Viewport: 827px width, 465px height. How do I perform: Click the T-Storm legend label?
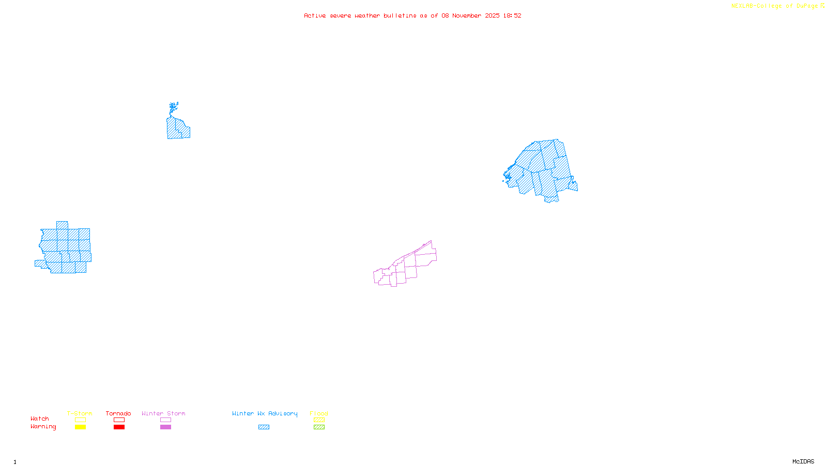click(x=80, y=413)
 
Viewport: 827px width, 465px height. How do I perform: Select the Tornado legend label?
click(x=118, y=413)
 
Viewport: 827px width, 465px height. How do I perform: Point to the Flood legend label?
click(x=319, y=413)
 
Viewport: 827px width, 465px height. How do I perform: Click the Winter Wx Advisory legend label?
click(x=265, y=413)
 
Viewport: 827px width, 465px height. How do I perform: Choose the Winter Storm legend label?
click(x=163, y=413)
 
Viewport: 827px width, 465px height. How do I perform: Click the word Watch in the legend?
click(x=40, y=419)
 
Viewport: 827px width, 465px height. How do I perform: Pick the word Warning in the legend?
click(x=43, y=427)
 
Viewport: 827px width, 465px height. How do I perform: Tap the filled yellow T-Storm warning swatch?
click(x=80, y=427)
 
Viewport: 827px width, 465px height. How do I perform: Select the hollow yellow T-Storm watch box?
click(x=80, y=420)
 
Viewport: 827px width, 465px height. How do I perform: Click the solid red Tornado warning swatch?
click(x=119, y=427)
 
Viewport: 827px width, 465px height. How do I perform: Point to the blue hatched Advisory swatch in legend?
click(x=264, y=427)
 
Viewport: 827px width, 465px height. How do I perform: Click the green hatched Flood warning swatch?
click(x=319, y=427)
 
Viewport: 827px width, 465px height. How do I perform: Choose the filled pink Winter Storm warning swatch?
click(x=165, y=427)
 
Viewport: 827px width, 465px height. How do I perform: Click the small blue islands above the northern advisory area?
click(x=174, y=107)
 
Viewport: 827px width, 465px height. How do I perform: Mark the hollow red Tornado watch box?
click(x=119, y=420)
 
